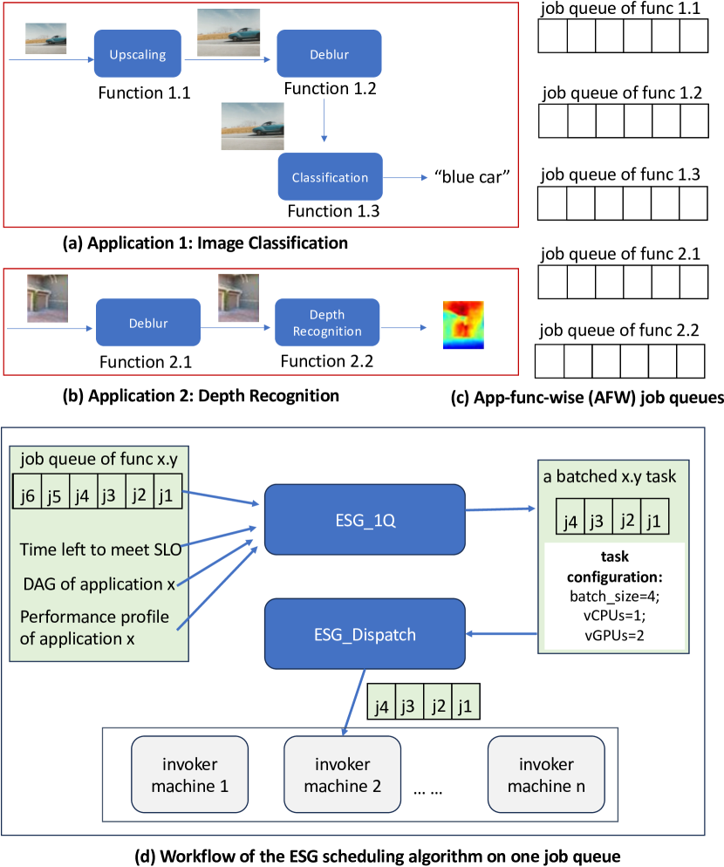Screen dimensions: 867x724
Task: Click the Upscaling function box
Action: coord(137,57)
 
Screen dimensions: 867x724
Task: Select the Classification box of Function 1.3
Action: coord(330,178)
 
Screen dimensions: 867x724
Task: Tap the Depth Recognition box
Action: coord(326,324)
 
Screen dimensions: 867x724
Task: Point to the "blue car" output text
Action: coord(471,177)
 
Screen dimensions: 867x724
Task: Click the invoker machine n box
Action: coord(546,775)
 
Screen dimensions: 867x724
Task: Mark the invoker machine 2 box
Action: coord(342,775)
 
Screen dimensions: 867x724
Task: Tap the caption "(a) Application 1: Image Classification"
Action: coord(205,242)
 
